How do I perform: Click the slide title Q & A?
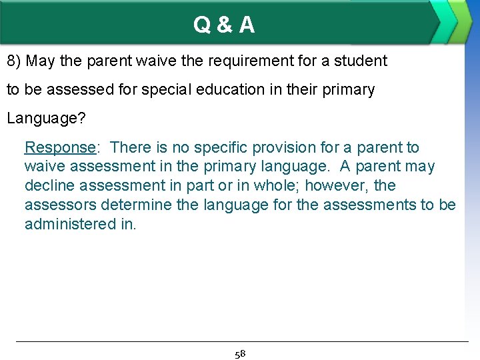click(x=224, y=25)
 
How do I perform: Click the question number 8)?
click(x=15, y=61)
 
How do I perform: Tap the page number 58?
click(x=240, y=353)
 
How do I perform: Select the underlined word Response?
click(x=60, y=147)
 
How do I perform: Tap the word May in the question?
click(x=41, y=61)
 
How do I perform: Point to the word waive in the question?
click(x=153, y=61)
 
